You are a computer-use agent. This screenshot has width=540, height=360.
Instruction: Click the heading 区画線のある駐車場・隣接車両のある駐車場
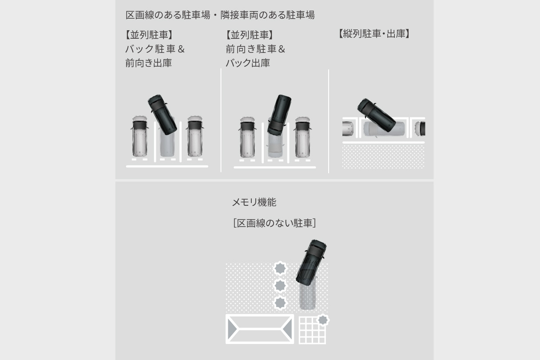(220, 15)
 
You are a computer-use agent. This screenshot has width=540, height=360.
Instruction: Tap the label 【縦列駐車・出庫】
(374, 34)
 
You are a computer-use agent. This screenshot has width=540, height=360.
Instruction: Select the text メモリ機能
(254, 202)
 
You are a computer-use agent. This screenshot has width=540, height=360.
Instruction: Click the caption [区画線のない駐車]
(274, 223)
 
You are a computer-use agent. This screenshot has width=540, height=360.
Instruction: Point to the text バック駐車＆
(155, 49)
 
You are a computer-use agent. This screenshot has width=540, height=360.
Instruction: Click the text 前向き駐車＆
(255, 49)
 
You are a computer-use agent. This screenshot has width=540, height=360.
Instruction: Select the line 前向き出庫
(148, 63)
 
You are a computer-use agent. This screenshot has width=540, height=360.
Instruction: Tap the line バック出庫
(247, 63)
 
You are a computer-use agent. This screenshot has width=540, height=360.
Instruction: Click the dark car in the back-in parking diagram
(162, 114)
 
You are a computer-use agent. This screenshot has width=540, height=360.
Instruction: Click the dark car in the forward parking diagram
(279, 114)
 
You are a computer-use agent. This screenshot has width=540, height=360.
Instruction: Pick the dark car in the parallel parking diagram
(377, 115)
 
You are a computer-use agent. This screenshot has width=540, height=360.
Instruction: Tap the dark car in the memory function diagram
(311, 262)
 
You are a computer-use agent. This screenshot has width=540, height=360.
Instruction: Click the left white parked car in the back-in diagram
(139, 136)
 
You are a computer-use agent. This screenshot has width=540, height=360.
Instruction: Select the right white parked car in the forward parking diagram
(302, 137)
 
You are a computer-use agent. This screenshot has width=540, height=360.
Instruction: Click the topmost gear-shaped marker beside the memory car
(280, 268)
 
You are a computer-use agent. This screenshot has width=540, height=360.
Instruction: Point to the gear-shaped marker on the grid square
(323, 320)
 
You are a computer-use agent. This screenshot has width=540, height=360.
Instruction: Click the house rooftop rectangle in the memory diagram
(260, 329)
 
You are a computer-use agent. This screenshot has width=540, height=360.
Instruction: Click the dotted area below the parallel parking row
(383, 156)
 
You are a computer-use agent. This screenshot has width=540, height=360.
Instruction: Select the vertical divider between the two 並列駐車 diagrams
(221, 120)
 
